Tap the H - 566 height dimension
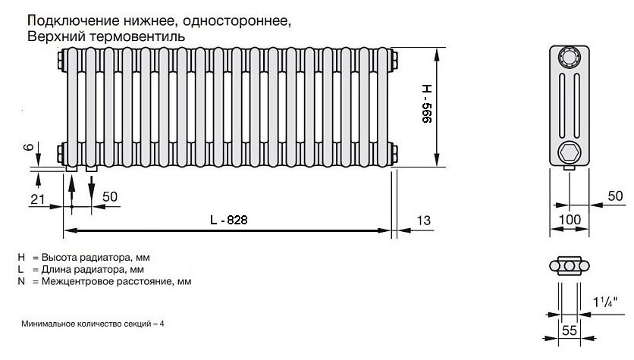click(x=427, y=106)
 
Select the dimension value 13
click(x=423, y=220)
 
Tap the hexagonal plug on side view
click(x=569, y=150)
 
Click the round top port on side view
click(x=569, y=58)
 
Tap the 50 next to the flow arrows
click(x=109, y=196)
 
